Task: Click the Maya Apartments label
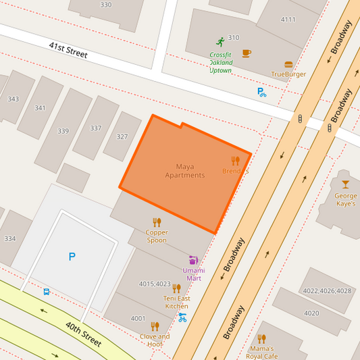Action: [x=184, y=171]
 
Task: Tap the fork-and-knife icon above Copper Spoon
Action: [x=157, y=222]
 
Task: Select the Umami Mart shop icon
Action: [x=193, y=260]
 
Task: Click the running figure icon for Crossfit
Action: [x=220, y=42]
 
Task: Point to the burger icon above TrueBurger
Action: [x=288, y=65]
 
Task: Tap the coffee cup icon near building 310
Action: [x=247, y=53]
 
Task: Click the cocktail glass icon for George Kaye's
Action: [x=346, y=184]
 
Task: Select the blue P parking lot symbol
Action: [x=72, y=257]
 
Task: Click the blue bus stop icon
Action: [x=47, y=292]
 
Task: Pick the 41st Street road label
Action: [x=68, y=50]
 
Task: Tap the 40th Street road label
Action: [x=84, y=334]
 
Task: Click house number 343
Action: [x=13, y=99]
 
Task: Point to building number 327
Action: [x=122, y=136]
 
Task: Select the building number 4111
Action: [x=288, y=19]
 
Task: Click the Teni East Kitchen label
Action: [x=176, y=302]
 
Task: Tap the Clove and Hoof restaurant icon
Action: [x=155, y=326]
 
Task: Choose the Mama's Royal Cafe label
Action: [x=262, y=352]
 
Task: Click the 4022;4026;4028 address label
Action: [x=327, y=291]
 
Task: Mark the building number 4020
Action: [x=311, y=313]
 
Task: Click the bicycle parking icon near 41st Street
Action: [x=262, y=93]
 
